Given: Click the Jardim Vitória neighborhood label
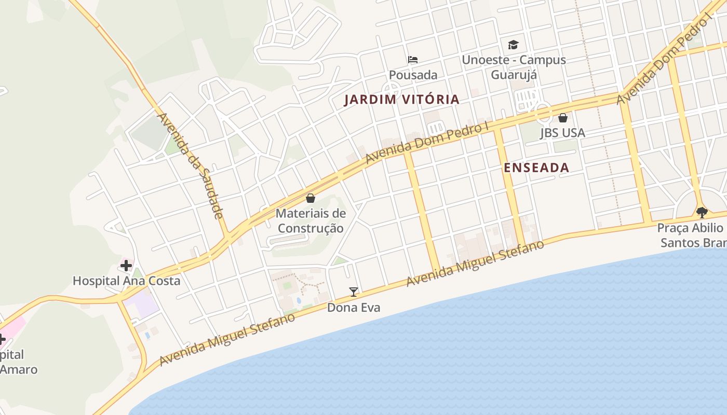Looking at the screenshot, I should coord(401,99).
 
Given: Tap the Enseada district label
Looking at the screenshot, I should coord(536,168).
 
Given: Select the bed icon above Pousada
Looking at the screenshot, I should coord(413,60).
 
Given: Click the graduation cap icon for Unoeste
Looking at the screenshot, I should coord(513,45).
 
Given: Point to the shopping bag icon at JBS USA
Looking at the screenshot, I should coord(562,118).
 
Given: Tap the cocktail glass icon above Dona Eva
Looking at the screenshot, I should coord(354,292).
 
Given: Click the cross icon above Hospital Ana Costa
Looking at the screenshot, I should coord(126,266).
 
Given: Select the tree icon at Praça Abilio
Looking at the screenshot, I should coord(702,212).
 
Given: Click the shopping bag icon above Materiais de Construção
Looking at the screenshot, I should coord(311,198).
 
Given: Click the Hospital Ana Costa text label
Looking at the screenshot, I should coord(126,281).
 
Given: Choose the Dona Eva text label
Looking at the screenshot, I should coord(354,308).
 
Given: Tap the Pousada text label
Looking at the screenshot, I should coord(413,75).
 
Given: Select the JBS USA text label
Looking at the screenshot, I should coord(562,133).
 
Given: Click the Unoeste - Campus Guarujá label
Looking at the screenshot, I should coord(514,67).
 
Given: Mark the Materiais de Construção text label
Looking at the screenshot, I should coord(311,220).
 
